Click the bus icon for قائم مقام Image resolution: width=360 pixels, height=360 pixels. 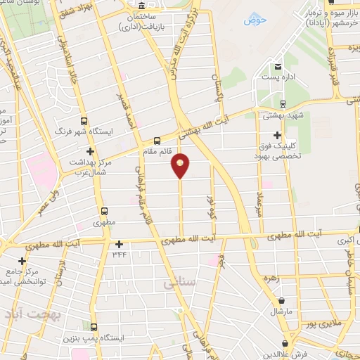[156, 139]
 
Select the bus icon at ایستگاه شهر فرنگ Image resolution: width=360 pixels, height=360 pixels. [84, 120]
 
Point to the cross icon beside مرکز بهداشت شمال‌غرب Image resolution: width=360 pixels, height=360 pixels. [89, 151]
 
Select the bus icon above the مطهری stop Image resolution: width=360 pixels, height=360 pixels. [103, 210]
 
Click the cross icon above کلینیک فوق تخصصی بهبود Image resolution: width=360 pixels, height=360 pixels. [279, 135]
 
